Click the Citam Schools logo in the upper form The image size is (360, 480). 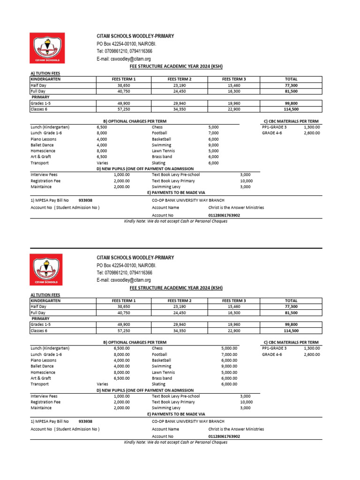coord(47,48)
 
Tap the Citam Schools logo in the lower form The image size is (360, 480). coord(47,269)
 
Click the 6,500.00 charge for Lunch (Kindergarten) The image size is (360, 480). coord(121,348)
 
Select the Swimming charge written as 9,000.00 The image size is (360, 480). coord(229,366)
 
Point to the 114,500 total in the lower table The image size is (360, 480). coord(291,330)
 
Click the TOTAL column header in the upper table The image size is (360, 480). coord(291,79)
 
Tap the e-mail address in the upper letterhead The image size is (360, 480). coord(124,59)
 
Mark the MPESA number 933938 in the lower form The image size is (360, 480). coord(85,421)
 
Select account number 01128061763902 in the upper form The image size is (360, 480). coord(224,215)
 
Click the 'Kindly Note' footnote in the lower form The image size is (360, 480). coord(175,442)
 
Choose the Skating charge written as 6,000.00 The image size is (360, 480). coord(229,384)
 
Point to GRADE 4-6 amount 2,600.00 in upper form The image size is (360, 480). coord(312,133)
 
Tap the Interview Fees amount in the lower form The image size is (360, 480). coord(121,396)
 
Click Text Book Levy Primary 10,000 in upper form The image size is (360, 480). coord(246,180)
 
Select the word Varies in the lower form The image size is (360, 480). coord(102,384)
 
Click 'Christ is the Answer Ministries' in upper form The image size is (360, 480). coord(236,207)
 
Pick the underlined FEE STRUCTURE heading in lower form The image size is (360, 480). coord(176,287)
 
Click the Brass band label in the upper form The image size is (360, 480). coord(162,157)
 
